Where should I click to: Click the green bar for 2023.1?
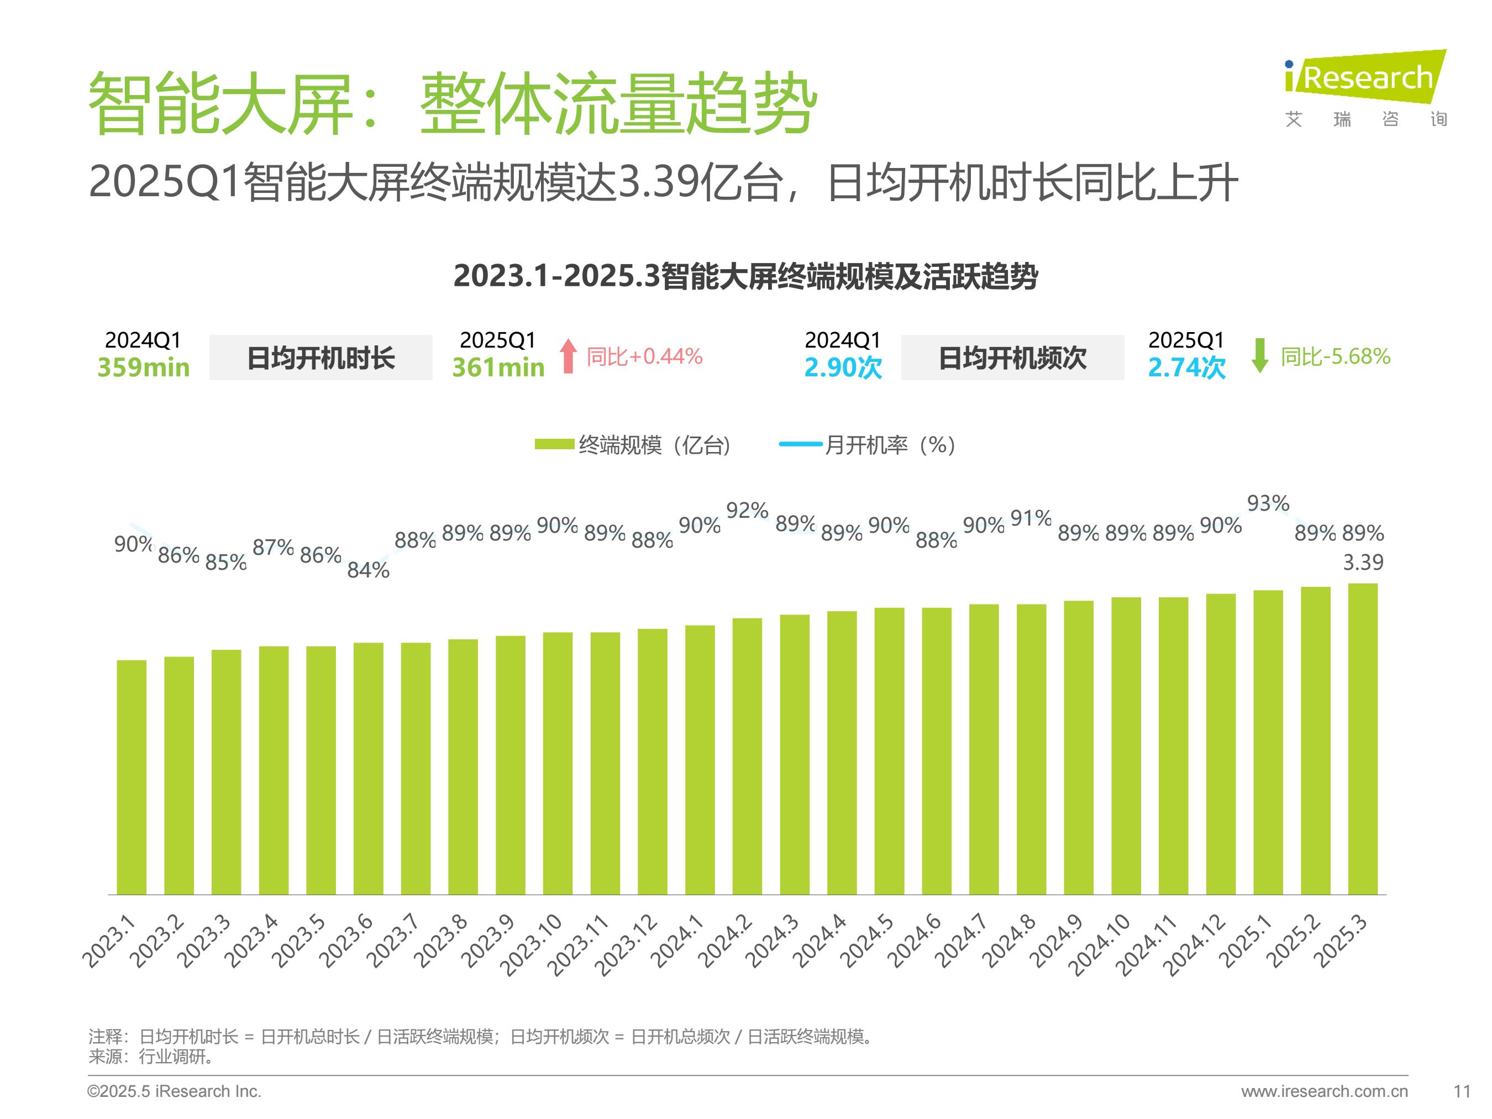click(132, 777)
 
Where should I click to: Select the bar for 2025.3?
click(1363, 739)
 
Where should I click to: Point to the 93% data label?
click(1268, 503)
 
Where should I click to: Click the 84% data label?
click(368, 570)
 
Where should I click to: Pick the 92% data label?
click(747, 511)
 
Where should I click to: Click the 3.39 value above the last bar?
click(1363, 562)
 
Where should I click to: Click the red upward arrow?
click(569, 355)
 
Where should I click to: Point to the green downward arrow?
click(1259, 355)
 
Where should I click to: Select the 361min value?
click(498, 367)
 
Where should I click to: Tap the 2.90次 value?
click(843, 367)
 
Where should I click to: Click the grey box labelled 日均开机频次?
click(1012, 358)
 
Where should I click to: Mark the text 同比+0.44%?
click(644, 356)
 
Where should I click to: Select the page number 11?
click(1462, 1091)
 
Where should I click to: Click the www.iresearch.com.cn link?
click(1324, 1091)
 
